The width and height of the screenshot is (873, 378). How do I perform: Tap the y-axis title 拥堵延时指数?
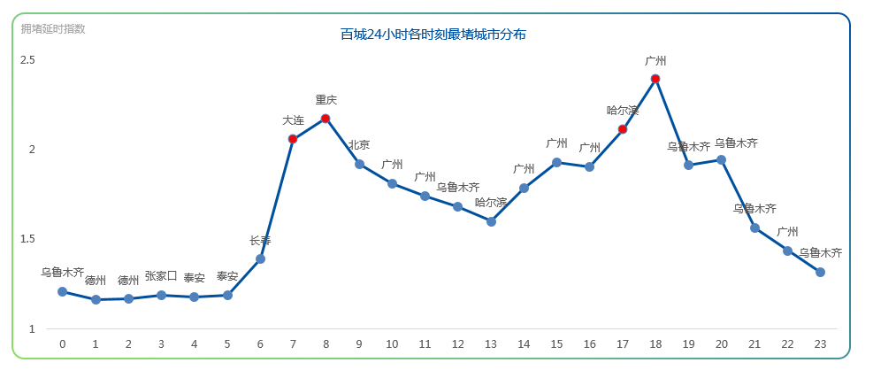[53, 28]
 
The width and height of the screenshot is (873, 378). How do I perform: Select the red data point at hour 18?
[655, 79]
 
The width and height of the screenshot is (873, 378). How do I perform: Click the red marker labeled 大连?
[293, 139]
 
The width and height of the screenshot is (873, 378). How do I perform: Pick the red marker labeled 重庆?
[325, 119]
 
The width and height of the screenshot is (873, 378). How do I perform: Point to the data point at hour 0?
[63, 291]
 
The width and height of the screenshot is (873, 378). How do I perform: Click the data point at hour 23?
[820, 272]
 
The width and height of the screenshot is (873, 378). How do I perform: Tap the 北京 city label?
[359, 145]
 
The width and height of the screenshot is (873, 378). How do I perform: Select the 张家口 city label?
[161, 275]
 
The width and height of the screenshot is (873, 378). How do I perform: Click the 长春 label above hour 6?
[260, 240]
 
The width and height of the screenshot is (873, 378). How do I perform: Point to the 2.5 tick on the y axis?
[27, 60]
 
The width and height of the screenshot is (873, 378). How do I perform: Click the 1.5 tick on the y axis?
[27, 239]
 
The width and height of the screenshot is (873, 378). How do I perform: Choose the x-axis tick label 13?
[491, 344]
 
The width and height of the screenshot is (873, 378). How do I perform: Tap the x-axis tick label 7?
[293, 344]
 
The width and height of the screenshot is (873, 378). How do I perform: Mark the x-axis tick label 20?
[721, 344]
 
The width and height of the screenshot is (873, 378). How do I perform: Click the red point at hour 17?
[623, 129]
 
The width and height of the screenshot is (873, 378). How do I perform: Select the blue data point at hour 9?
[359, 164]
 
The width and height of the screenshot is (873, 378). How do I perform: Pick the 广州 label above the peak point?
[655, 61]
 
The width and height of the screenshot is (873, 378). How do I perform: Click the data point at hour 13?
[491, 221]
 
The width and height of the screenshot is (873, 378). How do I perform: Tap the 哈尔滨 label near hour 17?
[623, 111]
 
